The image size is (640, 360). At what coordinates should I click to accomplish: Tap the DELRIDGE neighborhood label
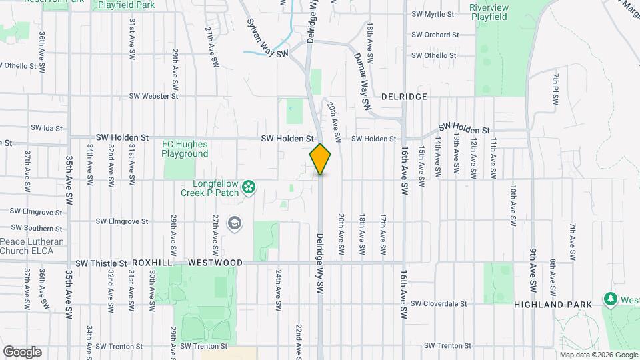(404, 97)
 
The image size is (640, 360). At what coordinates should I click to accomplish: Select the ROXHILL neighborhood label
(153, 263)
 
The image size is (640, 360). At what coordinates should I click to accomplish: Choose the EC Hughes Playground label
(185, 149)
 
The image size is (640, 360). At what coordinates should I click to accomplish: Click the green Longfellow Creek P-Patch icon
(249, 187)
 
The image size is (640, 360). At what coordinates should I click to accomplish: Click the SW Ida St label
(46, 128)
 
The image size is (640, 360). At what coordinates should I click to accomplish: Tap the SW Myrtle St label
(433, 14)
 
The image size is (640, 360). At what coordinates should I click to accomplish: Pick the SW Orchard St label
(435, 35)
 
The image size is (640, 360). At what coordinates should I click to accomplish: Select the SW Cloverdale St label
(439, 304)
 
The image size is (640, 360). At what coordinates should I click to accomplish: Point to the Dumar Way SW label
(361, 81)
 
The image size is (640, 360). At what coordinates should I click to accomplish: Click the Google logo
(22, 351)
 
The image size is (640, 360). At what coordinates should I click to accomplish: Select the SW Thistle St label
(101, 263)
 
